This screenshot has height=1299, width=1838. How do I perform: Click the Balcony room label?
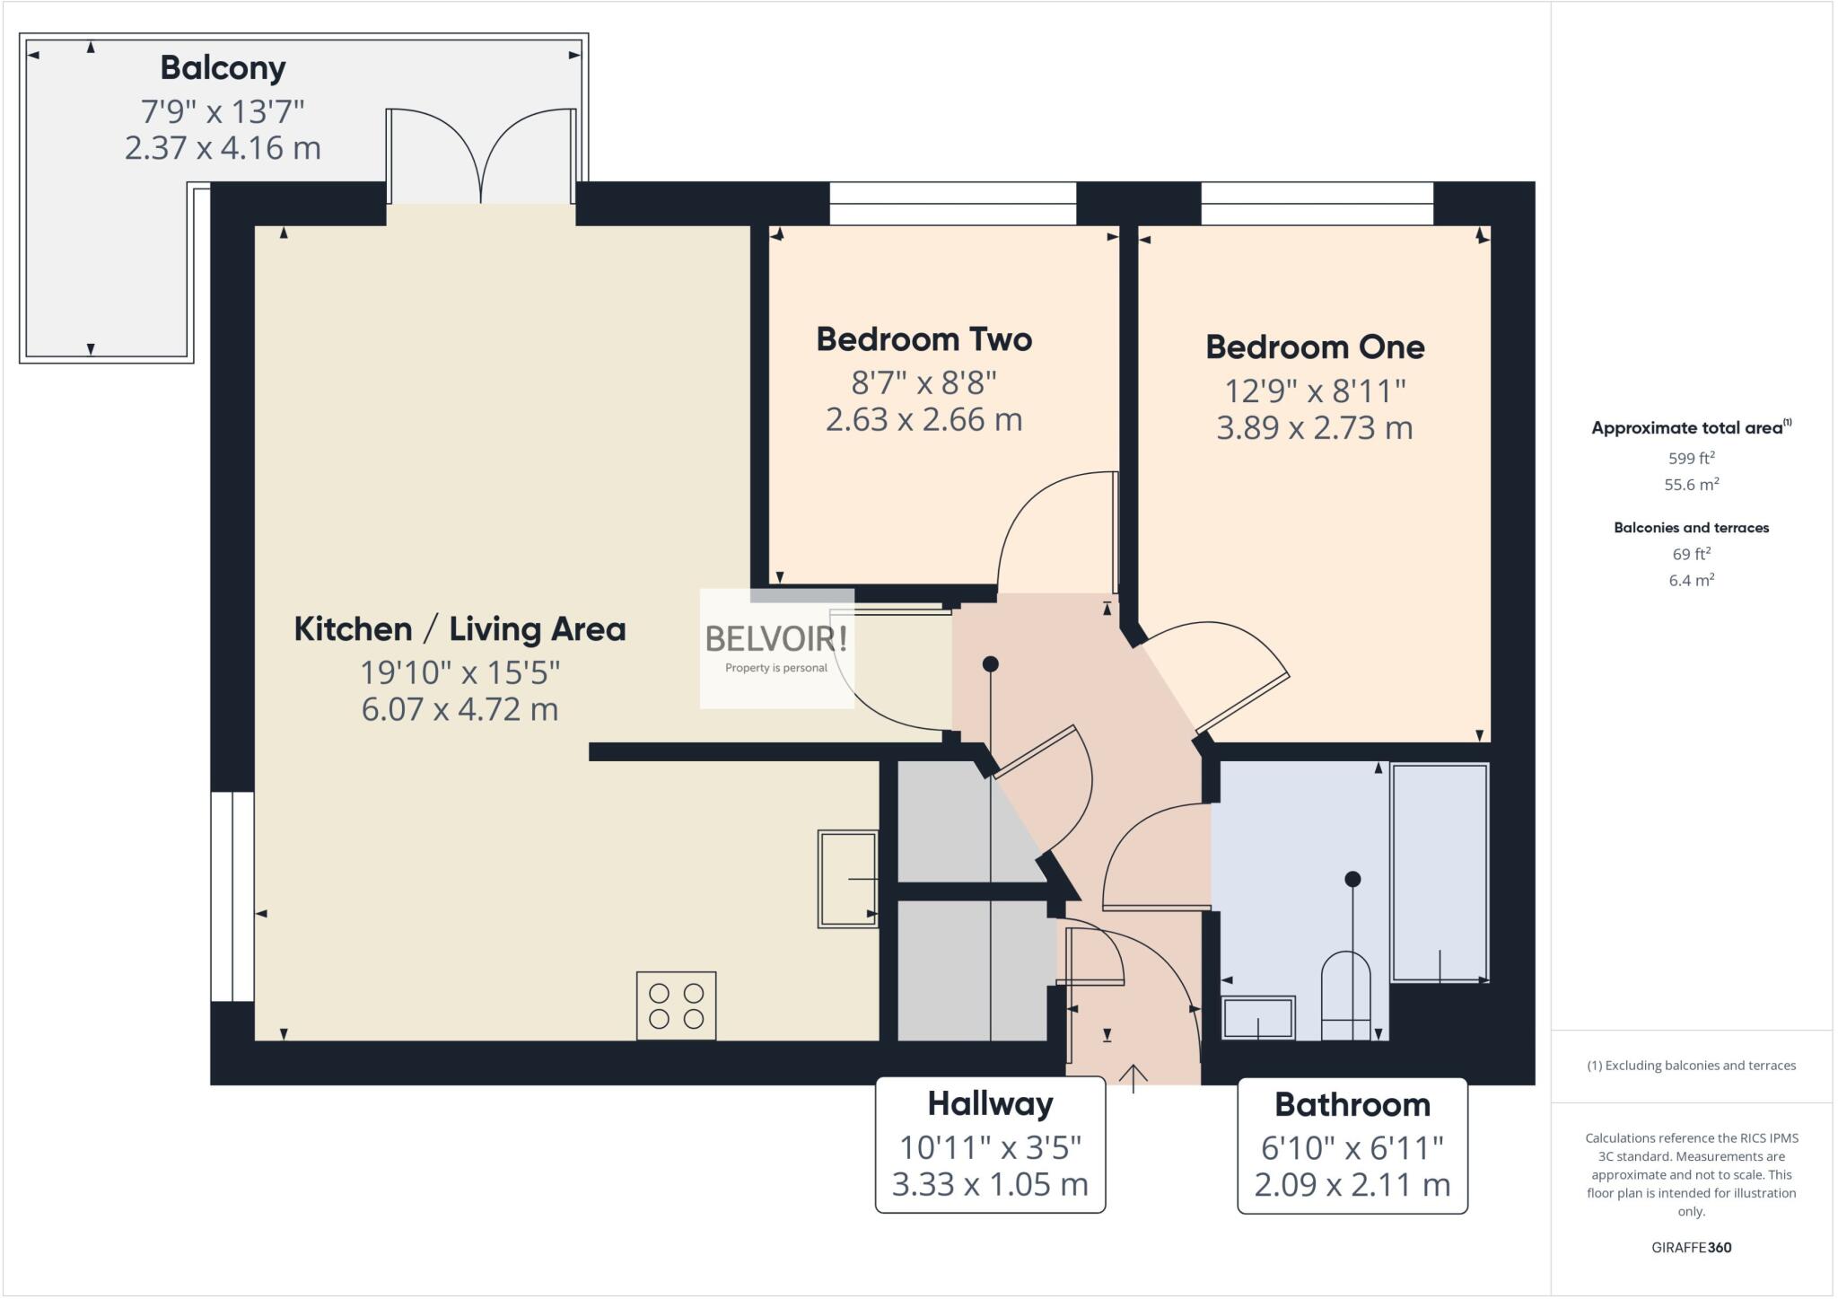pyautogui.click(x=223, y=68)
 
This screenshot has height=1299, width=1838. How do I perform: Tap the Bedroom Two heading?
pyautogui.click(x=923, y=339)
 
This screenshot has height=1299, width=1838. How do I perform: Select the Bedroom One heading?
pyautogui.click(x=1314, y=347)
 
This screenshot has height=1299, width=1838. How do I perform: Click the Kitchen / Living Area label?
pyautogui.click(x=459, y=629)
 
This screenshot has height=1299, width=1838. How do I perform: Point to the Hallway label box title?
pyautogui.click(x=990, y=1104)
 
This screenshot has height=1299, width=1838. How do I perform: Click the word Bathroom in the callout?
pyautogui.click(x=1352, y=1104)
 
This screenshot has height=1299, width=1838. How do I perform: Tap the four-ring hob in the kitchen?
pyautogui.click(x=676, y=1005)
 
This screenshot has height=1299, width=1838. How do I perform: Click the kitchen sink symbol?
pyautogui.click(x=846, y=879)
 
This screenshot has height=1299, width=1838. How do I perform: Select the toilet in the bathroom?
pyautogui.click(x=1345, y=996)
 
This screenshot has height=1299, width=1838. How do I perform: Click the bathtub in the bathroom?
pyautogui.click(x=1440, y=872)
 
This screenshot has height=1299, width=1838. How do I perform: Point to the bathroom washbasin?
pyautogui.click(x=1258, y=1018)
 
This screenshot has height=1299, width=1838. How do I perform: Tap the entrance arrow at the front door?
pyautogui.click(x=1133, y=1077)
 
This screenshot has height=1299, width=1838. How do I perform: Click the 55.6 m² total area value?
pyautogui.click(x=1691, y=485)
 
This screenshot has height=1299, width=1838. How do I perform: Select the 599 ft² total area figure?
pyautogui.click(x=1691, y=459)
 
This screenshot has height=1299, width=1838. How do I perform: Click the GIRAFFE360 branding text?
pyautogui.click(x=1691, y=1247)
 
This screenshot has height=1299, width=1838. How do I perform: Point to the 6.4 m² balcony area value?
pyautogui.click(x=1691, y=581)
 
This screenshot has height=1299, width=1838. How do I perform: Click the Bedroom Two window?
pyautogui.click(x=952, y=203)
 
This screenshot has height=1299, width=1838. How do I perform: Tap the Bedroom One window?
pyautogui.click(x=1317, y=203)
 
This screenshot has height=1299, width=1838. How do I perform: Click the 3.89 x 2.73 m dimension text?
pyautogui.click(x=1314, y=428)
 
